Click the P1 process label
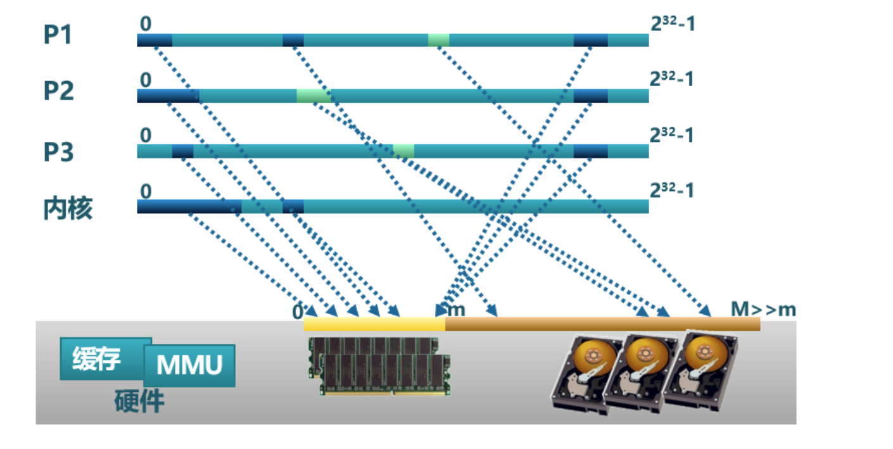58,35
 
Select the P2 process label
58,91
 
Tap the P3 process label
58,153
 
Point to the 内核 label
68,208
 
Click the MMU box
189,365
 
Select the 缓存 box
97,359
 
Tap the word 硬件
139,402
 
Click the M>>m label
763,309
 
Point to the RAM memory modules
379,366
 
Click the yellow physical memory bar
374,324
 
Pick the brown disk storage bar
602,324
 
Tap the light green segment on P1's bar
438,40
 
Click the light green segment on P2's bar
313,96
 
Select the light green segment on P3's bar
403,151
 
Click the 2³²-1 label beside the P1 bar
672,24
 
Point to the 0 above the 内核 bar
146,191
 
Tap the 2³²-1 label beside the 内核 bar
672,189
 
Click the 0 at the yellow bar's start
298,312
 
